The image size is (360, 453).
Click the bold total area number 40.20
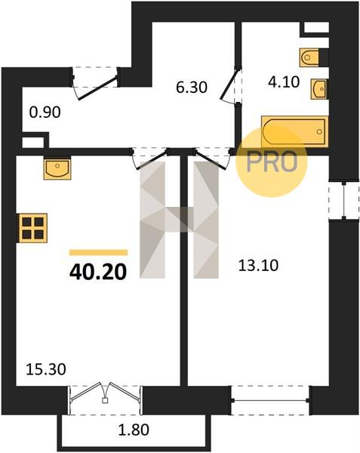98,273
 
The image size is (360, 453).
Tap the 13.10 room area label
258,265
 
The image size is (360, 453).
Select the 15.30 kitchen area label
46,369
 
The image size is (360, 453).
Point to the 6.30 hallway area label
192,88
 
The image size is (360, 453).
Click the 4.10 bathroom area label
284,82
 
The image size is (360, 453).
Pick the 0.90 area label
45,112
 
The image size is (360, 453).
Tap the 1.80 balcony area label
134,430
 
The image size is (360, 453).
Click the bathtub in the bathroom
295,131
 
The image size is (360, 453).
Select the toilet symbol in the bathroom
309,57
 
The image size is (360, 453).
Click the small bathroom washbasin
318,89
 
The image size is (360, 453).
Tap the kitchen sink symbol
57,169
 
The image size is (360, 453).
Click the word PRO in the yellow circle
272,162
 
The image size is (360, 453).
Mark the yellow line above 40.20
98,252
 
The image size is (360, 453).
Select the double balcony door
105,399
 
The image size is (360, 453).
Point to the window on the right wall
344,201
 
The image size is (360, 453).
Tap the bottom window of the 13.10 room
271,400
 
